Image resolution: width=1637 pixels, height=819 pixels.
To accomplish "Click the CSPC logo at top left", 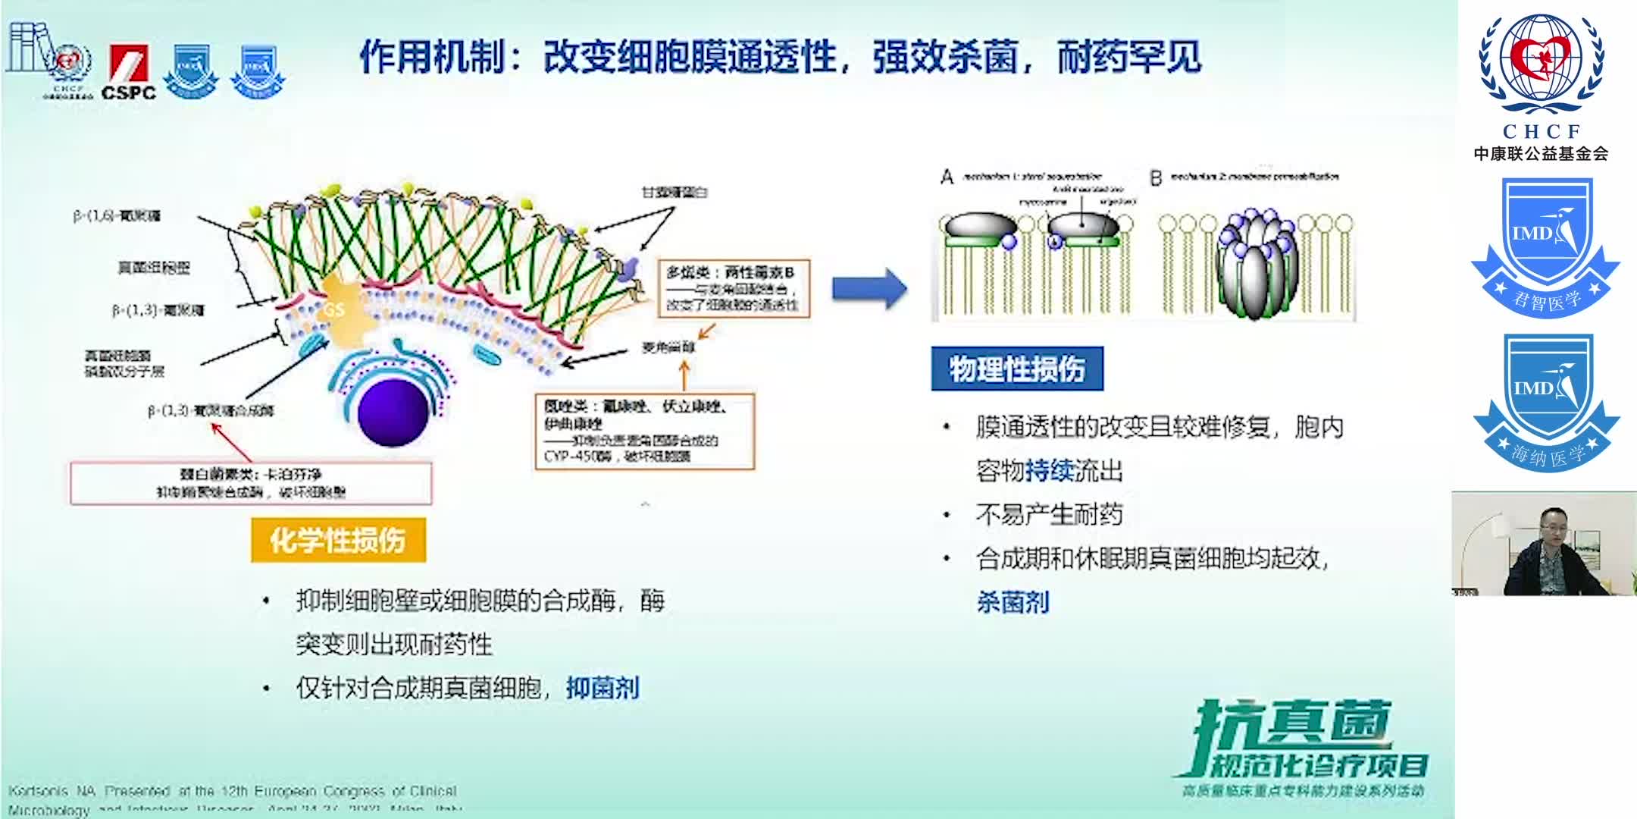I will pos(129,73).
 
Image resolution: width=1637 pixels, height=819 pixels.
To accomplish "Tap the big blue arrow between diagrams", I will pos(869,288).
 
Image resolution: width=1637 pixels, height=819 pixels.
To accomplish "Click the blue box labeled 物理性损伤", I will pos(1016,369).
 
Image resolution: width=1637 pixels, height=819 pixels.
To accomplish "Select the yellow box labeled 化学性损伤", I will pos(338,540).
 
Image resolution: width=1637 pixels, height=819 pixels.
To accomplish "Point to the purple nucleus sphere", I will pos(393,412).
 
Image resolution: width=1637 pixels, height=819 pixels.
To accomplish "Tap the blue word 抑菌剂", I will pos(603,688).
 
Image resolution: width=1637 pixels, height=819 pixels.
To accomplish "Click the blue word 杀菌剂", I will pos(1013,602).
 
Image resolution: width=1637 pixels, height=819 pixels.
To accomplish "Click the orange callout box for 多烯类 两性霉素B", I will pos(732,287).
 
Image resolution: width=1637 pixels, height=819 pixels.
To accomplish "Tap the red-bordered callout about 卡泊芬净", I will pos(251,483).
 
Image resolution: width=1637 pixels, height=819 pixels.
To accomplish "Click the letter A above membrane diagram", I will pos(947,177).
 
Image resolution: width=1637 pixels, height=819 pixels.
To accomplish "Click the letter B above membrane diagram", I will pos(1156,178).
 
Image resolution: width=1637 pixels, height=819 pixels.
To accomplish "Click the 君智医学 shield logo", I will pos(1545,246).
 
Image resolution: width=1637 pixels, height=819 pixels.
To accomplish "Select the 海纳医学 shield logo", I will pos(1545,402).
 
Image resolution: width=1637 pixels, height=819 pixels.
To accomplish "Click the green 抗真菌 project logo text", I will pos(1293,724).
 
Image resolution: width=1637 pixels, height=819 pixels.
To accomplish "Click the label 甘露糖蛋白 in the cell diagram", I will pos(674,193).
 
